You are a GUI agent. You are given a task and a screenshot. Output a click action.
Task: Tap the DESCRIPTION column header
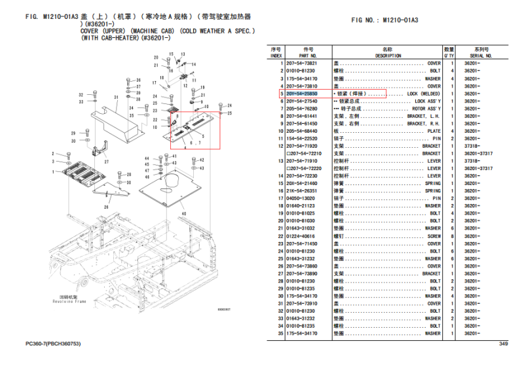pyautogui.click(x=388, y=52)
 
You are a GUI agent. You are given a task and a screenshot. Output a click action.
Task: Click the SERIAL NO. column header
pyautogui.click(x=481, y=52)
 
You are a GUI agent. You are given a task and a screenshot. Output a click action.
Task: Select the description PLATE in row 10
pyautogui.click(x=434, y=131)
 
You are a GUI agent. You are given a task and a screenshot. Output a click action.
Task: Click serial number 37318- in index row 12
pyautogui.click(x=473, y=146)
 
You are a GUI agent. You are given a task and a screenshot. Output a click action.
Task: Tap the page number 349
pyautogui.click(x=503, y=344)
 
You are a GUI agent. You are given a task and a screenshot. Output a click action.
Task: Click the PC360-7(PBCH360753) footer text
pyautogui.click(x=52, y=344)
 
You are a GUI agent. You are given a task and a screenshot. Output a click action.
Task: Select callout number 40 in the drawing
pyautogui.click(x=183, y=214)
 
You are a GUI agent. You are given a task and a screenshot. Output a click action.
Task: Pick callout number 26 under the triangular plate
pyautogui.click(x=105, y=206)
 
